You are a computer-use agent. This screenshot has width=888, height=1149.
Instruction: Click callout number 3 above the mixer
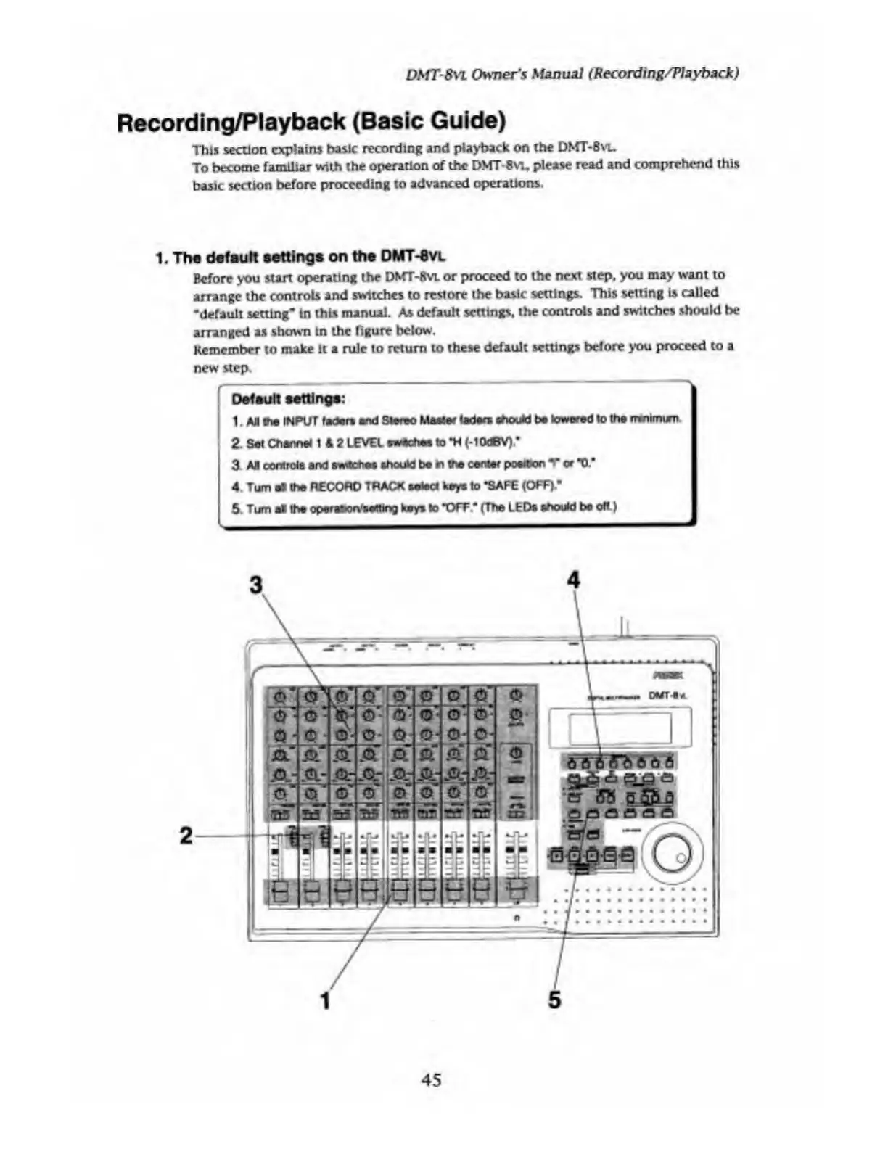pos(255,584)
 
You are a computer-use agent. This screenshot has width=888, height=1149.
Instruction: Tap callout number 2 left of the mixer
pos(186,836)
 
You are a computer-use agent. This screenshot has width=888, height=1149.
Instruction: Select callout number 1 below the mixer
pos(326,1000)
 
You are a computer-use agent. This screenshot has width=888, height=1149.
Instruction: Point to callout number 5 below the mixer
pos(554,1000)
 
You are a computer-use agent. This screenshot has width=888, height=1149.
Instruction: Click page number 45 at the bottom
pos(431,1079)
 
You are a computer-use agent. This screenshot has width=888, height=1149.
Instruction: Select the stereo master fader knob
pos(517,890)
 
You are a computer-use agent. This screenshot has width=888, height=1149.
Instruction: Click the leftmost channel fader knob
pos(276,890)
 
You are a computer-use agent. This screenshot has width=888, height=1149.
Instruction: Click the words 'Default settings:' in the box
pos(288,399)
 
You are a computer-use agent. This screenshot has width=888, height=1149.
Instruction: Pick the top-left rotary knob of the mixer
pos(278,697)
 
